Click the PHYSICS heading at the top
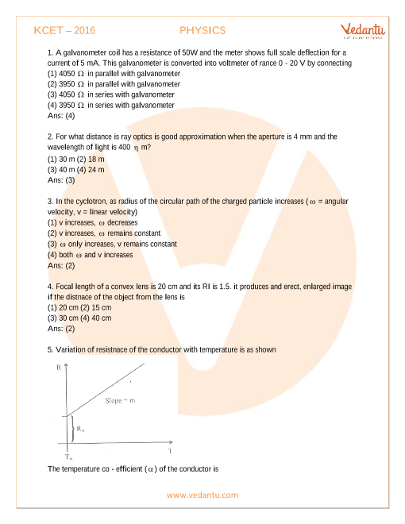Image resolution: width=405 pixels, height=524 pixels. tap(202, 30)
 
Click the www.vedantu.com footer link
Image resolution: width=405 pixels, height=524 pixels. tap(202, 495)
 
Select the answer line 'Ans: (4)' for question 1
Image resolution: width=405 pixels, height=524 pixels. tap(63, 116)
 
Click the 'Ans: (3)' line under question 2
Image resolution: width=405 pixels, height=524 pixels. tap(63, 180)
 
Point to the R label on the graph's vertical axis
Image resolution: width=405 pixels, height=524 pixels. tap(60, 368)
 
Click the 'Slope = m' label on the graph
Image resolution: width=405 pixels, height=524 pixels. tap(121, 401)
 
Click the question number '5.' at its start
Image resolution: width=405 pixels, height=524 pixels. tap(51, 349)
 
